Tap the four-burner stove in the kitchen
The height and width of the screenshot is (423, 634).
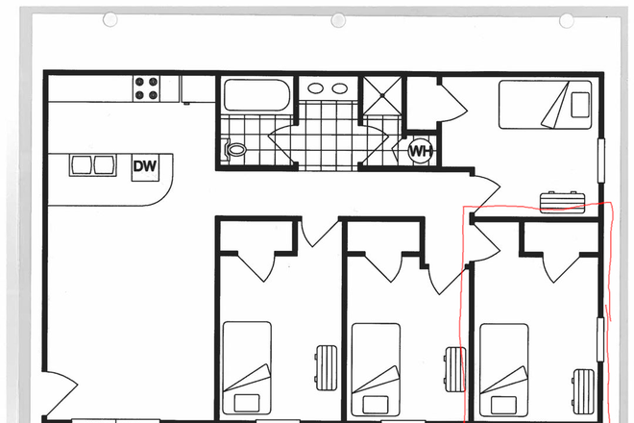145,89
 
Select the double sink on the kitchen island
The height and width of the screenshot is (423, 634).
92,165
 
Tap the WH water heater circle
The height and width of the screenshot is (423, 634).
420,151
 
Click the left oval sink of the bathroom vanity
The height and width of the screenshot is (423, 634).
318,90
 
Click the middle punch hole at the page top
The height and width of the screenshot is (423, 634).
337,20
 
